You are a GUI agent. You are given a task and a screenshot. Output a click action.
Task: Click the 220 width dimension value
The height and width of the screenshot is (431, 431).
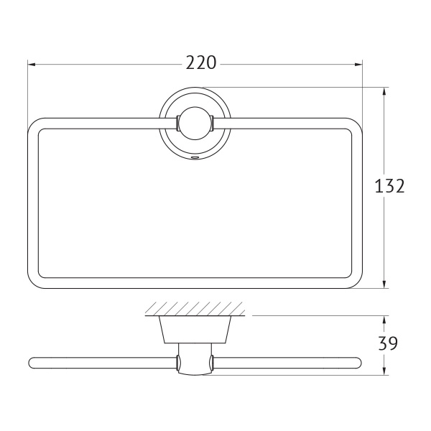click(201, 63)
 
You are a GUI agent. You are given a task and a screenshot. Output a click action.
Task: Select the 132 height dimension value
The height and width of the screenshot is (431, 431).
click(389, 186)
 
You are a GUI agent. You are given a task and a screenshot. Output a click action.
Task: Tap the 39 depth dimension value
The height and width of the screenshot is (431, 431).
click(388, 343)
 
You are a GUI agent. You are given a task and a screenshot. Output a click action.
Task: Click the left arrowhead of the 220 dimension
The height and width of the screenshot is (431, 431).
click(32, 65)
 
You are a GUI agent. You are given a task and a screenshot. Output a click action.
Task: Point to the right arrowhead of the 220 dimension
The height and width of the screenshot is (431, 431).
click(358, 65)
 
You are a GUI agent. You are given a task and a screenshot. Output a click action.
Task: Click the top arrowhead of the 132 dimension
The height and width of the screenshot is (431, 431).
click(384, 91)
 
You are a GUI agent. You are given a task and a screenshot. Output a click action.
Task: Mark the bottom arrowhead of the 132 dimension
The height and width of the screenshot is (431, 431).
click(384, 284)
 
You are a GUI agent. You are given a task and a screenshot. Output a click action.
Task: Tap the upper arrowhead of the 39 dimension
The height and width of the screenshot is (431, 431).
click(384, 320)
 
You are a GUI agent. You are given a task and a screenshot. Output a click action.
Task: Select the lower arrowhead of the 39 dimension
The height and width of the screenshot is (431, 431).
click(384, 371)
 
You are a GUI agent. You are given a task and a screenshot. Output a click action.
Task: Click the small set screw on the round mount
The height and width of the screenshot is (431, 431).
click(195, 157)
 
